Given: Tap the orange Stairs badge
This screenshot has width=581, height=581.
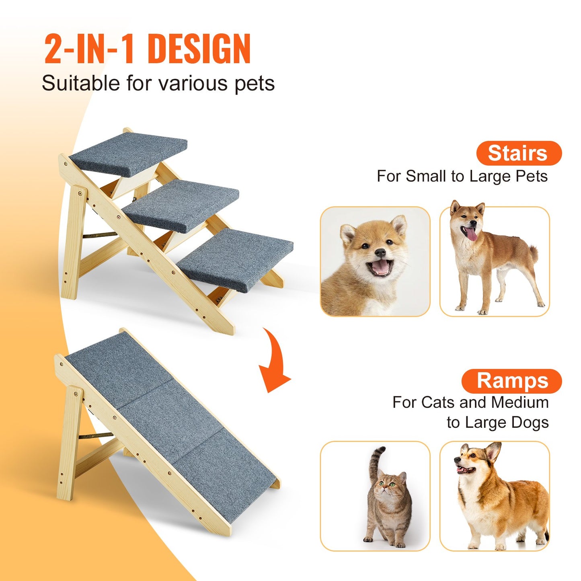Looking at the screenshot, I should point(519,153).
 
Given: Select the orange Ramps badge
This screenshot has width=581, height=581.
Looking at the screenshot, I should point(512,381).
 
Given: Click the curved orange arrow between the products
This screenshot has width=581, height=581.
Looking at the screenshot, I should point(274,362).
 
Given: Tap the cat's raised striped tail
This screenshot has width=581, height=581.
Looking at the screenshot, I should point(374,462).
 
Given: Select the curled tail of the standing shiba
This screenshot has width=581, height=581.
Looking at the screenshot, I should point(533,252).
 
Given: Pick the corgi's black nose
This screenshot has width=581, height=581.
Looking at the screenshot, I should point(457,459).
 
